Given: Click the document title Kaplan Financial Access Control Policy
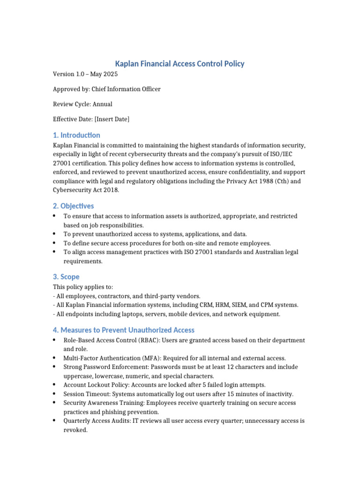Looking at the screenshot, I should pos(180,63).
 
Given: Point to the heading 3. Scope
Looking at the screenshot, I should pos(66,277).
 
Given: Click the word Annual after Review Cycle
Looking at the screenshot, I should pos(102,104).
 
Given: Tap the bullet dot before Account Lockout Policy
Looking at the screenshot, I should pos(55,384).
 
